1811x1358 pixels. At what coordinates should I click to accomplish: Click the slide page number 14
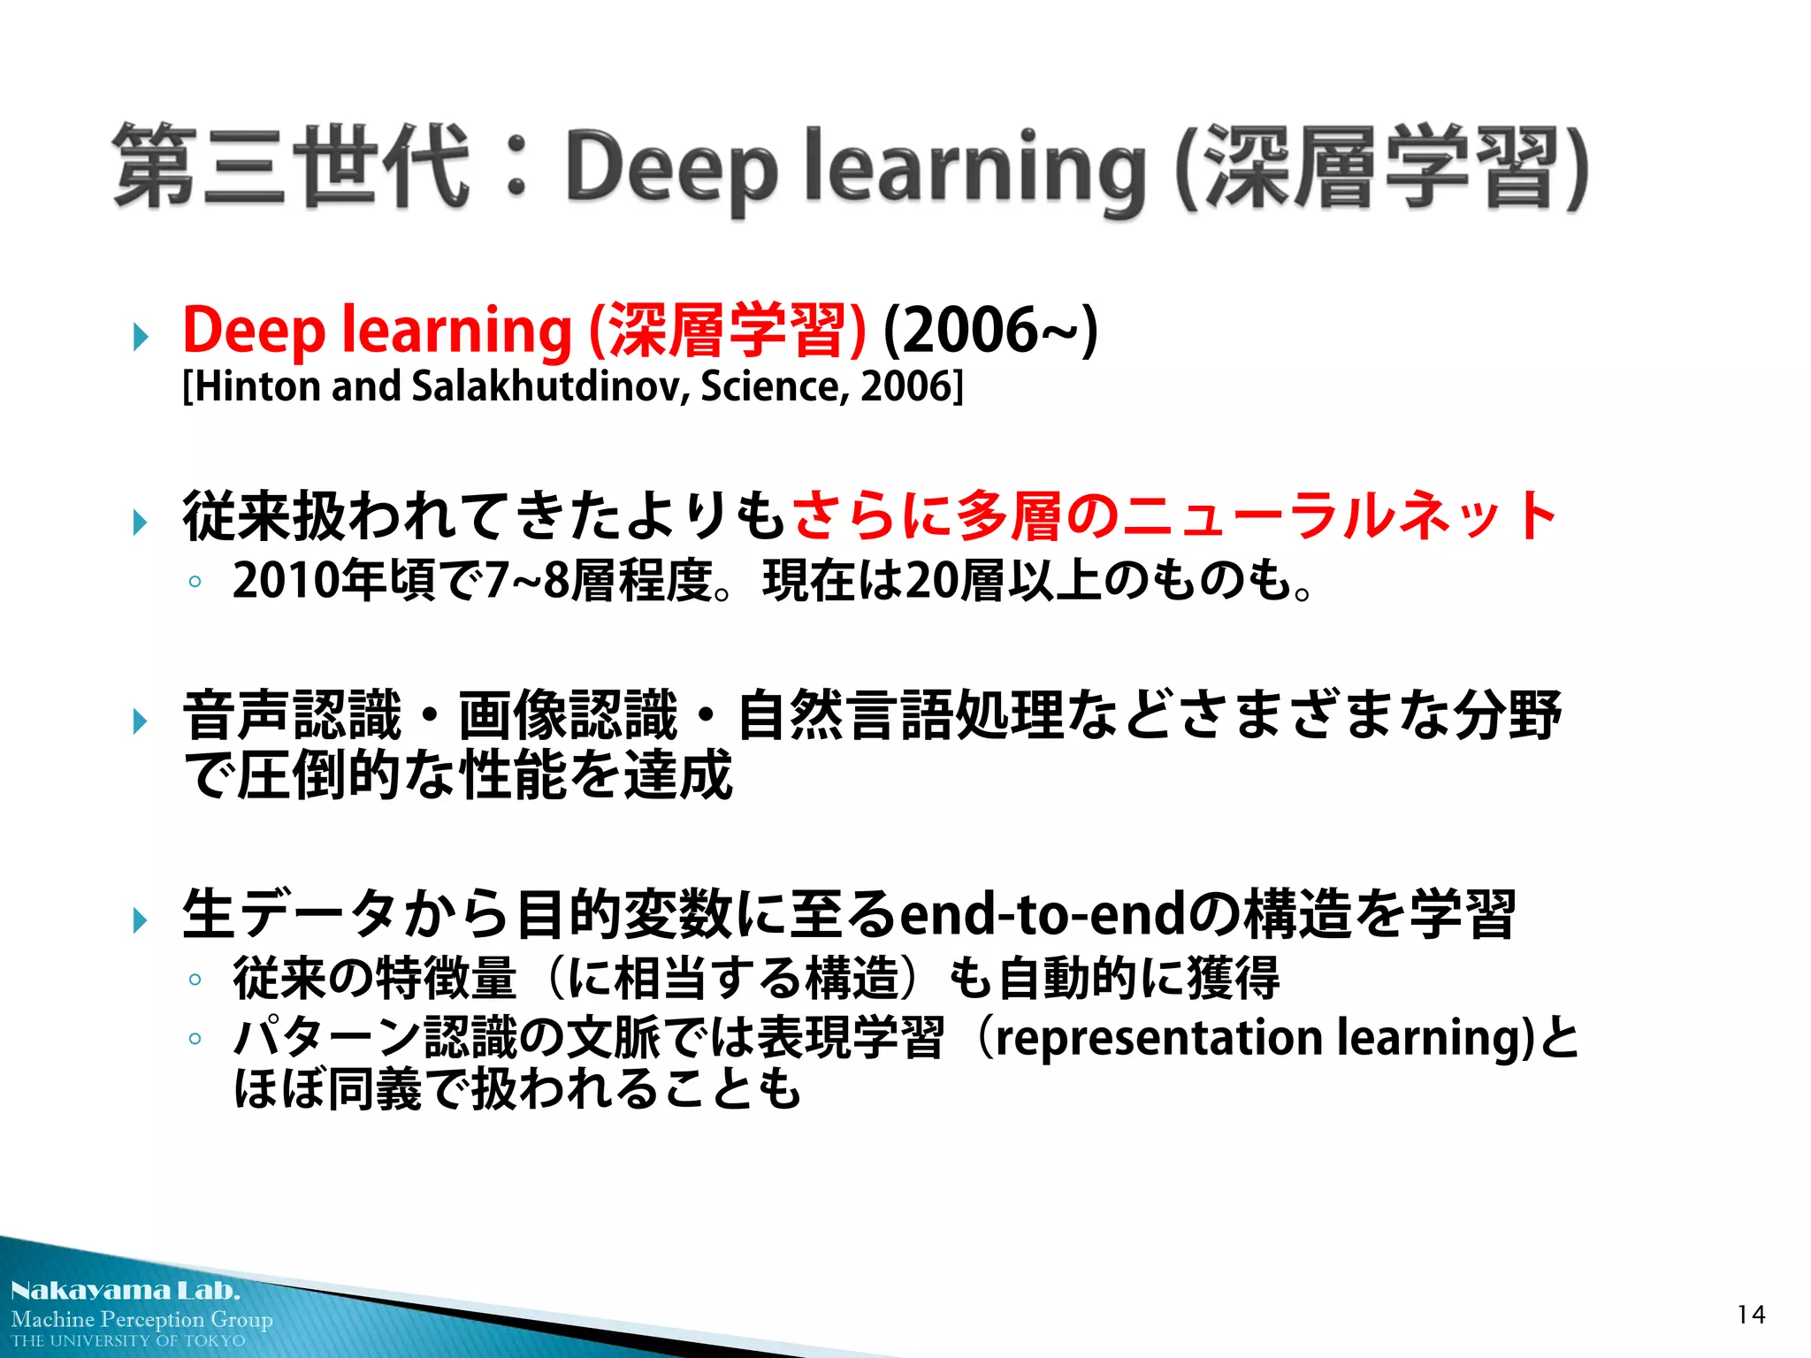[x=1750, y=1315]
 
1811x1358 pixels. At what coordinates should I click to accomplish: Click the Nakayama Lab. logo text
[x=126, y=1291]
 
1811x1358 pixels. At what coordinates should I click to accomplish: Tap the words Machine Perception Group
[x=141, y=1319]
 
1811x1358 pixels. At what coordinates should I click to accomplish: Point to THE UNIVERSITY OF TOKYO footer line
[x=128, y=1341]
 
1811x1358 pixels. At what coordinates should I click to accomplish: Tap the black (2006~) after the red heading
[x=990, y=330]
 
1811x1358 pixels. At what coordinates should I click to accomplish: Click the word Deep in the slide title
[x=672, y=168]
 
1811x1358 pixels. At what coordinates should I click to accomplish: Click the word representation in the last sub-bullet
[x=1159, y=1037]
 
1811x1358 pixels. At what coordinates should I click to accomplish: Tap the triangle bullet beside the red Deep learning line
[x=140, y=337]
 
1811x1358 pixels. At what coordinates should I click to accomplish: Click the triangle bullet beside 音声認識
[x=140, y=721]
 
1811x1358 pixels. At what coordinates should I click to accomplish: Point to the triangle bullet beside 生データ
[x=140, y=920]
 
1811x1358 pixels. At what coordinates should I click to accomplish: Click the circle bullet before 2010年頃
[x=195, y=583]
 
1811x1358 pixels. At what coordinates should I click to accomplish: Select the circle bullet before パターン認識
[x=195, y=1039]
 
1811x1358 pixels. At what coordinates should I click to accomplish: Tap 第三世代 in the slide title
[x=292, y=166]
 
